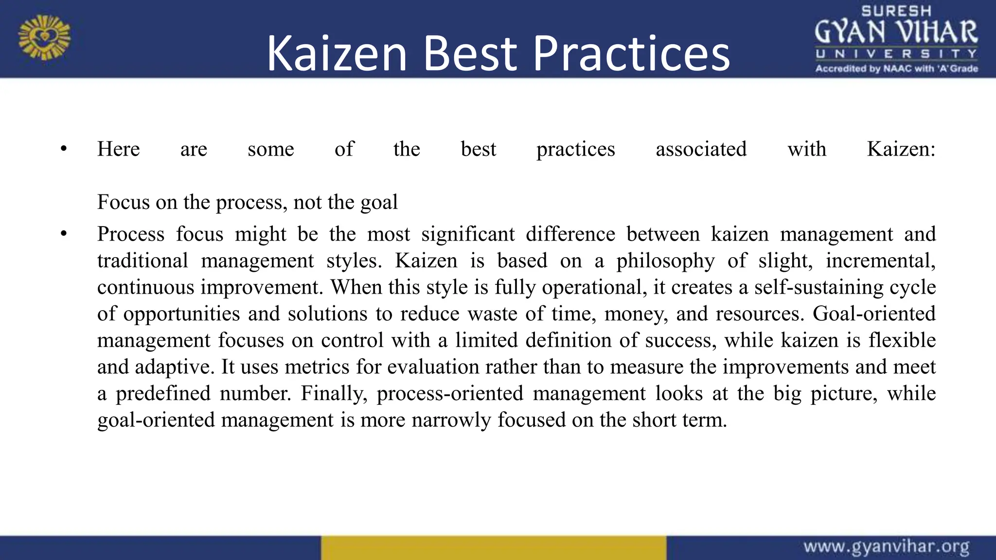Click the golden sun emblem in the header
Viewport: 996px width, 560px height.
(x=44, y=37)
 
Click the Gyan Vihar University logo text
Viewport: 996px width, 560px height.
(x=896, y=32)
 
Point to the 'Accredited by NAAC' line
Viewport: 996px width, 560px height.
(x=896, y=69)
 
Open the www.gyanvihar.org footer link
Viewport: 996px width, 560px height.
(x=886, y=547)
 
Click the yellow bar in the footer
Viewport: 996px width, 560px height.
(x=493, y=548)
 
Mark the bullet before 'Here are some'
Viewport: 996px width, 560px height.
(x=64, y=149)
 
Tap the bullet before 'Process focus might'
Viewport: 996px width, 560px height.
(x=64, y=234)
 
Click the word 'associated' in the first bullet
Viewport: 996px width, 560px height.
(x=701, y=149)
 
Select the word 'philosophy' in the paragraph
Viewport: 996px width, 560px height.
(x=665, y=261)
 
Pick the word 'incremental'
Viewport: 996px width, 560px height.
(x=880, y=261)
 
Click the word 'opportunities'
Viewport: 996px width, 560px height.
(x=181, y=314)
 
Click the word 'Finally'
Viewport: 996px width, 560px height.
(x=334, y=393)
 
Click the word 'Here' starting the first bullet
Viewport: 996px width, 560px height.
(x=118, y=149)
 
